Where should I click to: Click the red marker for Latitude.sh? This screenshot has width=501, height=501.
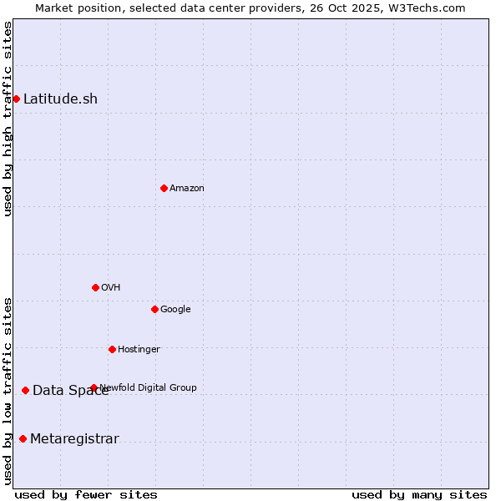[x=16, y=99]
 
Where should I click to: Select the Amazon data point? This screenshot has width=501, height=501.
[x=164, y=188]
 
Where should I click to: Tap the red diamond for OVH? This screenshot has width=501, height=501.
[x=95, y=287]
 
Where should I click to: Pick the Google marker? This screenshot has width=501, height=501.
[x=154, y=309]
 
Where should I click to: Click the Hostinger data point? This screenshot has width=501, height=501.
[x=112, y=349]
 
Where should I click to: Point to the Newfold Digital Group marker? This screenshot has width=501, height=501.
[x=94, y=387]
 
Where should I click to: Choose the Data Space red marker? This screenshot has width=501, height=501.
[x=25, y=390]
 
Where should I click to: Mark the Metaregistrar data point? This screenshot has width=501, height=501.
[x=23, y=439]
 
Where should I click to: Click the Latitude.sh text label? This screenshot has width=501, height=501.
[x=60, y=99]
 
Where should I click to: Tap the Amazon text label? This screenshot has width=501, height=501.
[x=187, y=189]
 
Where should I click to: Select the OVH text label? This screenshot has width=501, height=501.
[x=111, y=288]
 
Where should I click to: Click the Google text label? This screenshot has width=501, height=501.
[x=175, y=310]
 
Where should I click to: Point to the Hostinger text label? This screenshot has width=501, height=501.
[x=139, y=349]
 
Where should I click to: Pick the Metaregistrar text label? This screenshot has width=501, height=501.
[x=74, y=439]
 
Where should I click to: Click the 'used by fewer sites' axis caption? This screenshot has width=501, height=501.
[x=86, y=494]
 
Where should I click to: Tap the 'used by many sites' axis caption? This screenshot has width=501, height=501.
[x=419, y=494]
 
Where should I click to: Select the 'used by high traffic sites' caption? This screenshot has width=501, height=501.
[x=8, y=119]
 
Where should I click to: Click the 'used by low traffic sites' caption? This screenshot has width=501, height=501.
[x=8, y=390]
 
